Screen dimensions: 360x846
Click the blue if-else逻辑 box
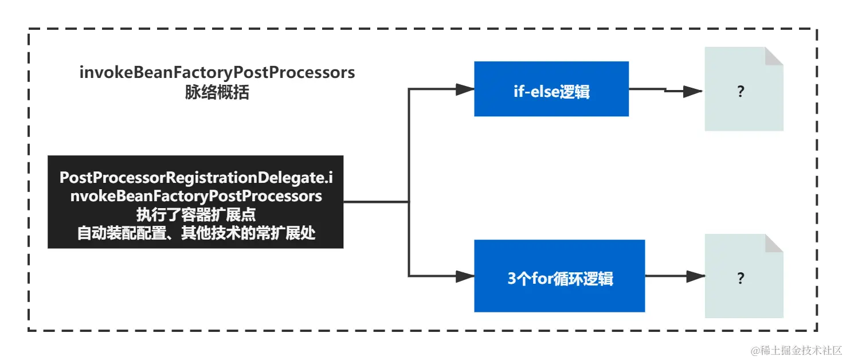click(551, 89)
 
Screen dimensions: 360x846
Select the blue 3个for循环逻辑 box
click(559, 276)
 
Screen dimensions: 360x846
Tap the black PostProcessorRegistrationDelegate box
click(195, 202)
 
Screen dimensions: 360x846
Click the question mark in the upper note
click(741, 91)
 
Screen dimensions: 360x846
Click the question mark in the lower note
click(741, 279)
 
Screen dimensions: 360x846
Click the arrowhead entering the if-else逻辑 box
click(464, 89)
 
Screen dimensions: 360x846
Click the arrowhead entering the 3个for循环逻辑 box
click(464, 276)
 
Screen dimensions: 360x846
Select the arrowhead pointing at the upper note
click(693, 91)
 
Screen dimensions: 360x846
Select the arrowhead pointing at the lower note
click(695, 276)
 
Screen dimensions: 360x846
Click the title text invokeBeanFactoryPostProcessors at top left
click(217, 73)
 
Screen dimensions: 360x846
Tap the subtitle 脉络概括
click(217, 93)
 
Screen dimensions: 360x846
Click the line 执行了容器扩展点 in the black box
click(195, 215)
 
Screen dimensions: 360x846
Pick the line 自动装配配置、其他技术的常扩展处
click(196, 234)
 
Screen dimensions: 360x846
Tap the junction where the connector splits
click(408, 202)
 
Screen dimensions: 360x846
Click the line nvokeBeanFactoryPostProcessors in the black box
click(195, 196)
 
